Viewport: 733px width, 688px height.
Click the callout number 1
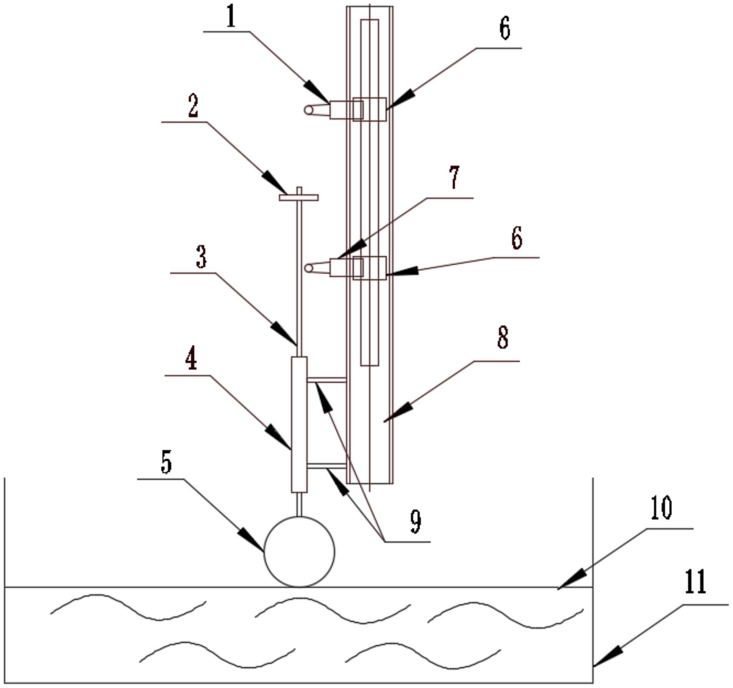click(x=230, y=17)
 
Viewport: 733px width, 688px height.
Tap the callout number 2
click(x=193, y=106)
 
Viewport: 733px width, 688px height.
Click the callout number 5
click(x=166, y=462)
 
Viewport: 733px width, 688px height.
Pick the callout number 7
click(x=454, y=178)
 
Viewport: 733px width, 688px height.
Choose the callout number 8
click(x=503, y=337)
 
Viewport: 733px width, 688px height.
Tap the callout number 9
click(x=416, y=521)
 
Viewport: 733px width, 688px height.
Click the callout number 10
click(x=661, y=508)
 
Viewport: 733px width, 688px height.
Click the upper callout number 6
click(x=505, y=28)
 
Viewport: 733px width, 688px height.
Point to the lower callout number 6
click(x=517, y=238)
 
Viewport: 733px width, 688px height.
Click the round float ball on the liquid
click(x=299, y=552)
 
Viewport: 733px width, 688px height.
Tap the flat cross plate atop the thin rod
click(x=299, y=197)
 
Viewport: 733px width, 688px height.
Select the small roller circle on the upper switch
click(x=309, y=110)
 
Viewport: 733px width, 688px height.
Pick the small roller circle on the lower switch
click(x=309, y=268)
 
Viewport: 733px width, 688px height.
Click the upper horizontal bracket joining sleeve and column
click(x=326, y=380)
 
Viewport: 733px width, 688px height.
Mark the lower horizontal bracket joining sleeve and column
click(x=326, y=466)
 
